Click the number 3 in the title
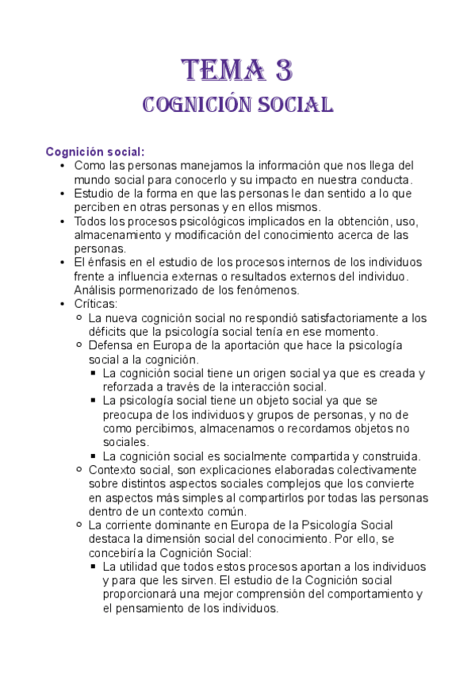(282, 70)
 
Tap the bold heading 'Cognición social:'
(95, 152)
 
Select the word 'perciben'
(97, 207)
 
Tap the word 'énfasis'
(108, 263)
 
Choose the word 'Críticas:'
(98, 304)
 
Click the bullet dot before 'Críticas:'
(63, 304)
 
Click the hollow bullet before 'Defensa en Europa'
(79, 346)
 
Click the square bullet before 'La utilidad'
(94, 567)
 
